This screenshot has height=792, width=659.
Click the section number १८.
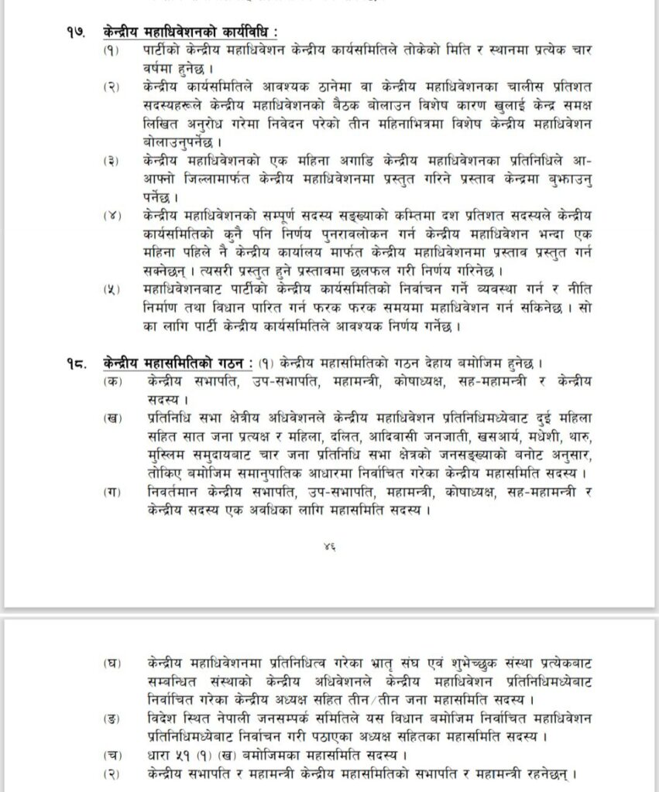click(x=75, y=363)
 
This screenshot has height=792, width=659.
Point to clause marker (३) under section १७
click(x=112, y=161)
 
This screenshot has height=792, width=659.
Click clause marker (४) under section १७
click(x=112, y=213)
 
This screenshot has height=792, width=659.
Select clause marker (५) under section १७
click(x=112, y=288)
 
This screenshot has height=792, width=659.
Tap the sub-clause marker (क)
click(x=112, y=381)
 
